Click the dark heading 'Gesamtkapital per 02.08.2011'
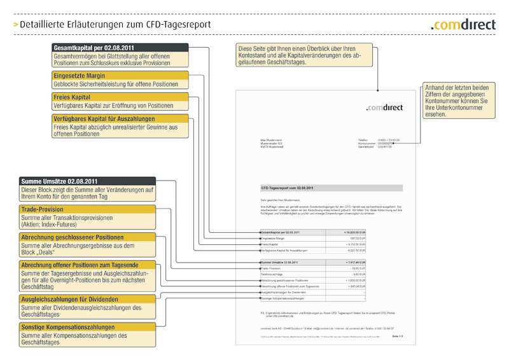click(93, 48)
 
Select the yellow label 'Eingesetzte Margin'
click(79, 76)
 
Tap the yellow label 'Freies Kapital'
click(72, 97)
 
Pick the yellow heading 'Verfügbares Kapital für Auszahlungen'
click(104, 118)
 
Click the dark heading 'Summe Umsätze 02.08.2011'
click(59, 181)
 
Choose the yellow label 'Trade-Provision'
click(42, 209)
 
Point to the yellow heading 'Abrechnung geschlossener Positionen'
click(72, 237)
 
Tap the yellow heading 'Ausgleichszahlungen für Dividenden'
click(69, 299)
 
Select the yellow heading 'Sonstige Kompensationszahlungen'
click(67, 327)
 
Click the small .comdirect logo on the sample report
click(384, 108)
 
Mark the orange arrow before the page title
click(15, 25)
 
